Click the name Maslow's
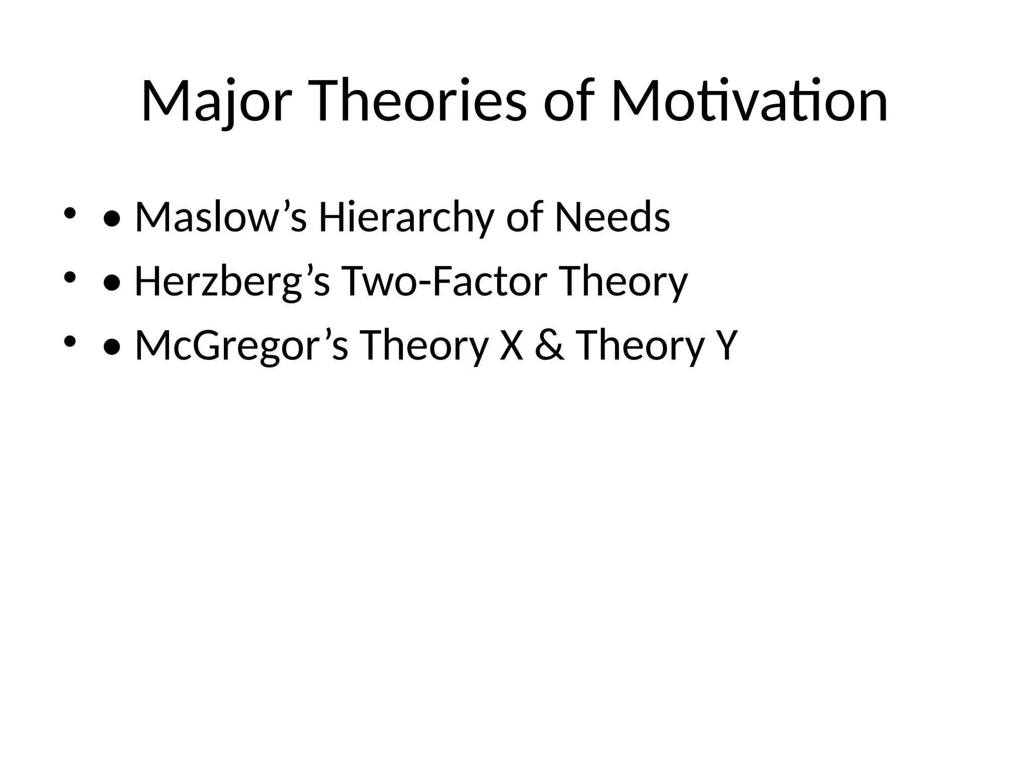[x=220, y=217]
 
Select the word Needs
[x=612, y=217]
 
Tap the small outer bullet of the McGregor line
[x=69, y=341]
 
